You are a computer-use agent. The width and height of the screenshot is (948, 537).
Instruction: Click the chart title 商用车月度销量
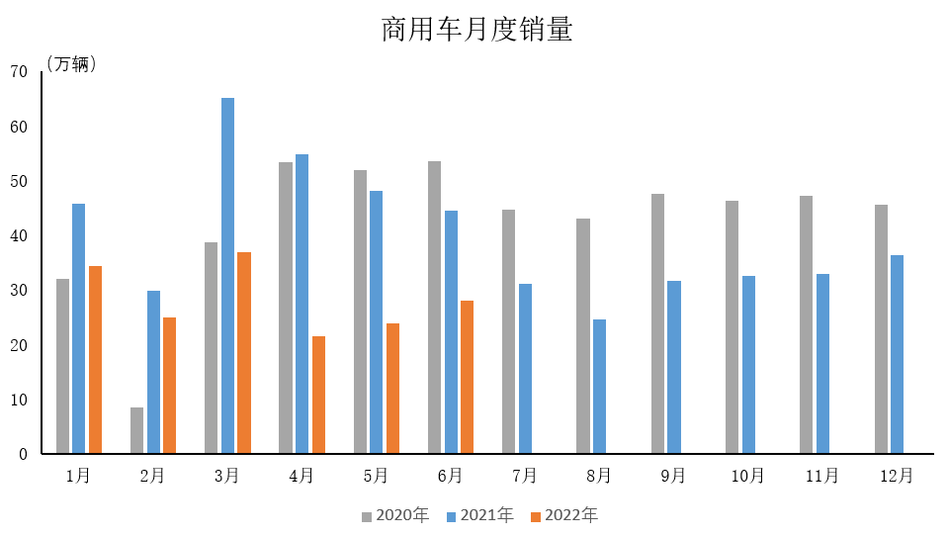click(x=476, y=30)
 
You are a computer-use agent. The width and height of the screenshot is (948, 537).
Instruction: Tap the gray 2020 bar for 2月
click(x=136, y=430)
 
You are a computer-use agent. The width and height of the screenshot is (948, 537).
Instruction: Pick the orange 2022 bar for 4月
click(x=318, y=395)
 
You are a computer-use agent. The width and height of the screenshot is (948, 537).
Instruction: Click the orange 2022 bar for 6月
click(x=467, y=377)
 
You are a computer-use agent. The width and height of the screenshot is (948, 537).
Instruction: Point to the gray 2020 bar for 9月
click(x=657, y=323)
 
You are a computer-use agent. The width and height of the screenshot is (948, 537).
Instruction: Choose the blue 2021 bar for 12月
click(x=897, y=354)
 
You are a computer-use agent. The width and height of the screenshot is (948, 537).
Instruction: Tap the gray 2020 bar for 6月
click(x=434, y=307)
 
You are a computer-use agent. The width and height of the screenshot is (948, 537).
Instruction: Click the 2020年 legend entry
click(x=394, y=515)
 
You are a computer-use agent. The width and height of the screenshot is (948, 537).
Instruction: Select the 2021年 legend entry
click(x=479, y=515)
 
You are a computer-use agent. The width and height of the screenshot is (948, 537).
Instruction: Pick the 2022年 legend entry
click(x=564, y=515)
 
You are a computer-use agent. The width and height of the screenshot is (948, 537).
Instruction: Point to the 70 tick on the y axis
click(x=19, y=71)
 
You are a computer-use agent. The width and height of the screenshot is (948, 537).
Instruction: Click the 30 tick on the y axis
click(x=19, y=291)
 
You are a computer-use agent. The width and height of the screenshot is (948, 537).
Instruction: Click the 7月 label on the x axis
click(x=524, y=476)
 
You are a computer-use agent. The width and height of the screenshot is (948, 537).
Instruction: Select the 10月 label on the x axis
click(x=747, y=476)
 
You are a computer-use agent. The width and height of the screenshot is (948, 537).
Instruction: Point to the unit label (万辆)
click(x=71, y=64)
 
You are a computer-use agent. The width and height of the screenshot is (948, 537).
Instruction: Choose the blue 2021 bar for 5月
click(x=376, y=321)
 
